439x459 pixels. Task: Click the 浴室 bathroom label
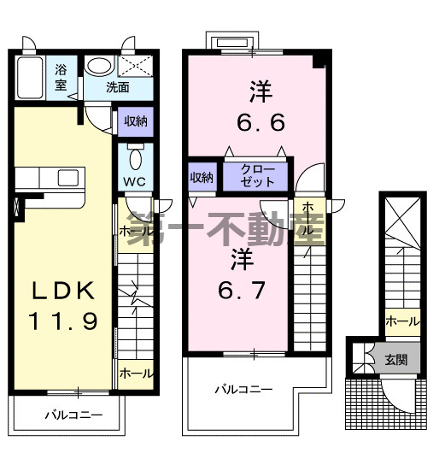[61, 77]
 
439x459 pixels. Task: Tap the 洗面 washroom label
[118, 87]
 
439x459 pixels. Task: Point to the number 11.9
[61, 321]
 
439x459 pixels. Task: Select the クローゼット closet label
[257, 175]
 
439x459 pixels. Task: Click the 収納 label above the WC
[134, 121]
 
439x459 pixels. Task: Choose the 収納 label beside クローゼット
[201, 177]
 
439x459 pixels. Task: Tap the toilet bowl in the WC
[135, 159]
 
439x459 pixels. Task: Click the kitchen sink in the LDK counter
[68, 177]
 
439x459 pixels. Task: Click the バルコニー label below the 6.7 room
[243, 389]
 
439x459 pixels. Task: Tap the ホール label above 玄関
[401, 321]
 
